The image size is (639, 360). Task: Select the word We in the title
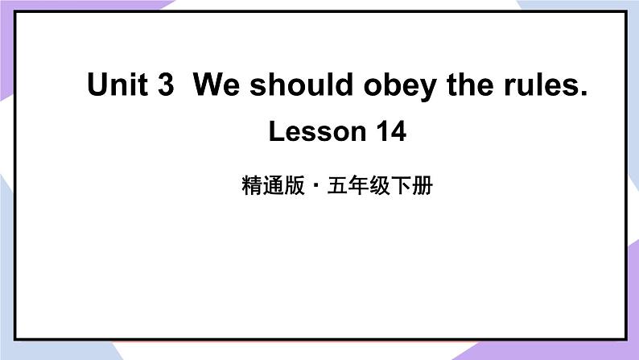coord(216,85)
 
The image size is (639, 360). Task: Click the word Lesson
coord(310,130)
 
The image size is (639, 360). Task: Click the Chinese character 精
coord(250,188)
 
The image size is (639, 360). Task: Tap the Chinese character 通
coord(271,188)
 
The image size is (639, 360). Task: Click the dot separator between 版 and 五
coord(315,188)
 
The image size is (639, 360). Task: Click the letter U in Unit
coord(97,85)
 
